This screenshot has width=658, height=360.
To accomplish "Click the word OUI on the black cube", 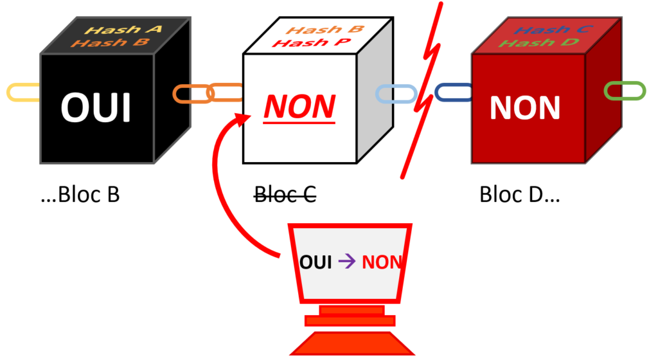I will [96, 107].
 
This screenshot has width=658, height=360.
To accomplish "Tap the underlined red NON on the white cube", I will [299, 107].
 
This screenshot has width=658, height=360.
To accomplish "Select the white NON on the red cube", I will [524, 107].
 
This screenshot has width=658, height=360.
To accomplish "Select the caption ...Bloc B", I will [80, 194].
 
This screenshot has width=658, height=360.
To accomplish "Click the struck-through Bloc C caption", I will [285, 194].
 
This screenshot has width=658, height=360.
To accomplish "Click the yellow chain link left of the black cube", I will [22, 93].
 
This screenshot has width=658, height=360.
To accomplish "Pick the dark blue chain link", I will [453, 93].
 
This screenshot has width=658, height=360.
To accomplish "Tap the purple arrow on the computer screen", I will [342, 262].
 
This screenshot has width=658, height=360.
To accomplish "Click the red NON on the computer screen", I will [381, 262].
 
